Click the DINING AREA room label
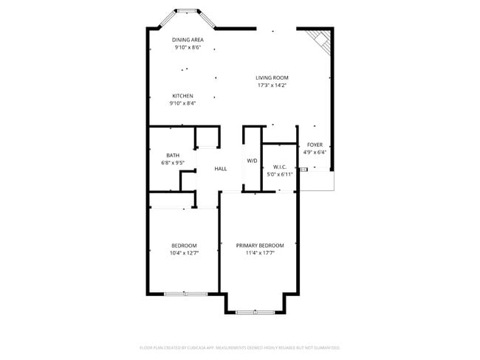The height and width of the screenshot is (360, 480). tap(188, 40)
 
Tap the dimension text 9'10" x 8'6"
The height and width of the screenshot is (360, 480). tap(188, 48)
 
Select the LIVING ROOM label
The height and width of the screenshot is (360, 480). tap(272, 77)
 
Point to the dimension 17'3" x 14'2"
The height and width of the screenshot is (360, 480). tap(272, 86)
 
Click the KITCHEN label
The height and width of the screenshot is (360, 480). tap(183, 96)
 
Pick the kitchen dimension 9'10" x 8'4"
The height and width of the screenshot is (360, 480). tap(183, 104)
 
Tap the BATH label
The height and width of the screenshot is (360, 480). tap(173, 155)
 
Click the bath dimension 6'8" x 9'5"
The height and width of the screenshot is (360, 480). tap(173, 163)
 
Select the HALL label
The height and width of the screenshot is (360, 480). tap(221, 169)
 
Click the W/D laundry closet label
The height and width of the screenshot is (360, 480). tap(252, 160)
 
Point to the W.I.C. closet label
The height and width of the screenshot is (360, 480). tap(280, 167)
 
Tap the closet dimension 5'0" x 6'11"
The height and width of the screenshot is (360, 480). tap(280, 175)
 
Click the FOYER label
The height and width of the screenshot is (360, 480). tap(315, 145)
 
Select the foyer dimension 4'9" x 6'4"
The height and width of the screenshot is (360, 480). tap(315, 153)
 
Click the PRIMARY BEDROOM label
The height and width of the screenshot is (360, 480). tap(260, 245)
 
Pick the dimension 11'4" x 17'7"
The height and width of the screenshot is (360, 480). tap(260, 253)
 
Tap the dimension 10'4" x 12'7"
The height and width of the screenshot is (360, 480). tap(184, 253)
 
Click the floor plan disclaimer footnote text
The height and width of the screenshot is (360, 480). tap(240, 347)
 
